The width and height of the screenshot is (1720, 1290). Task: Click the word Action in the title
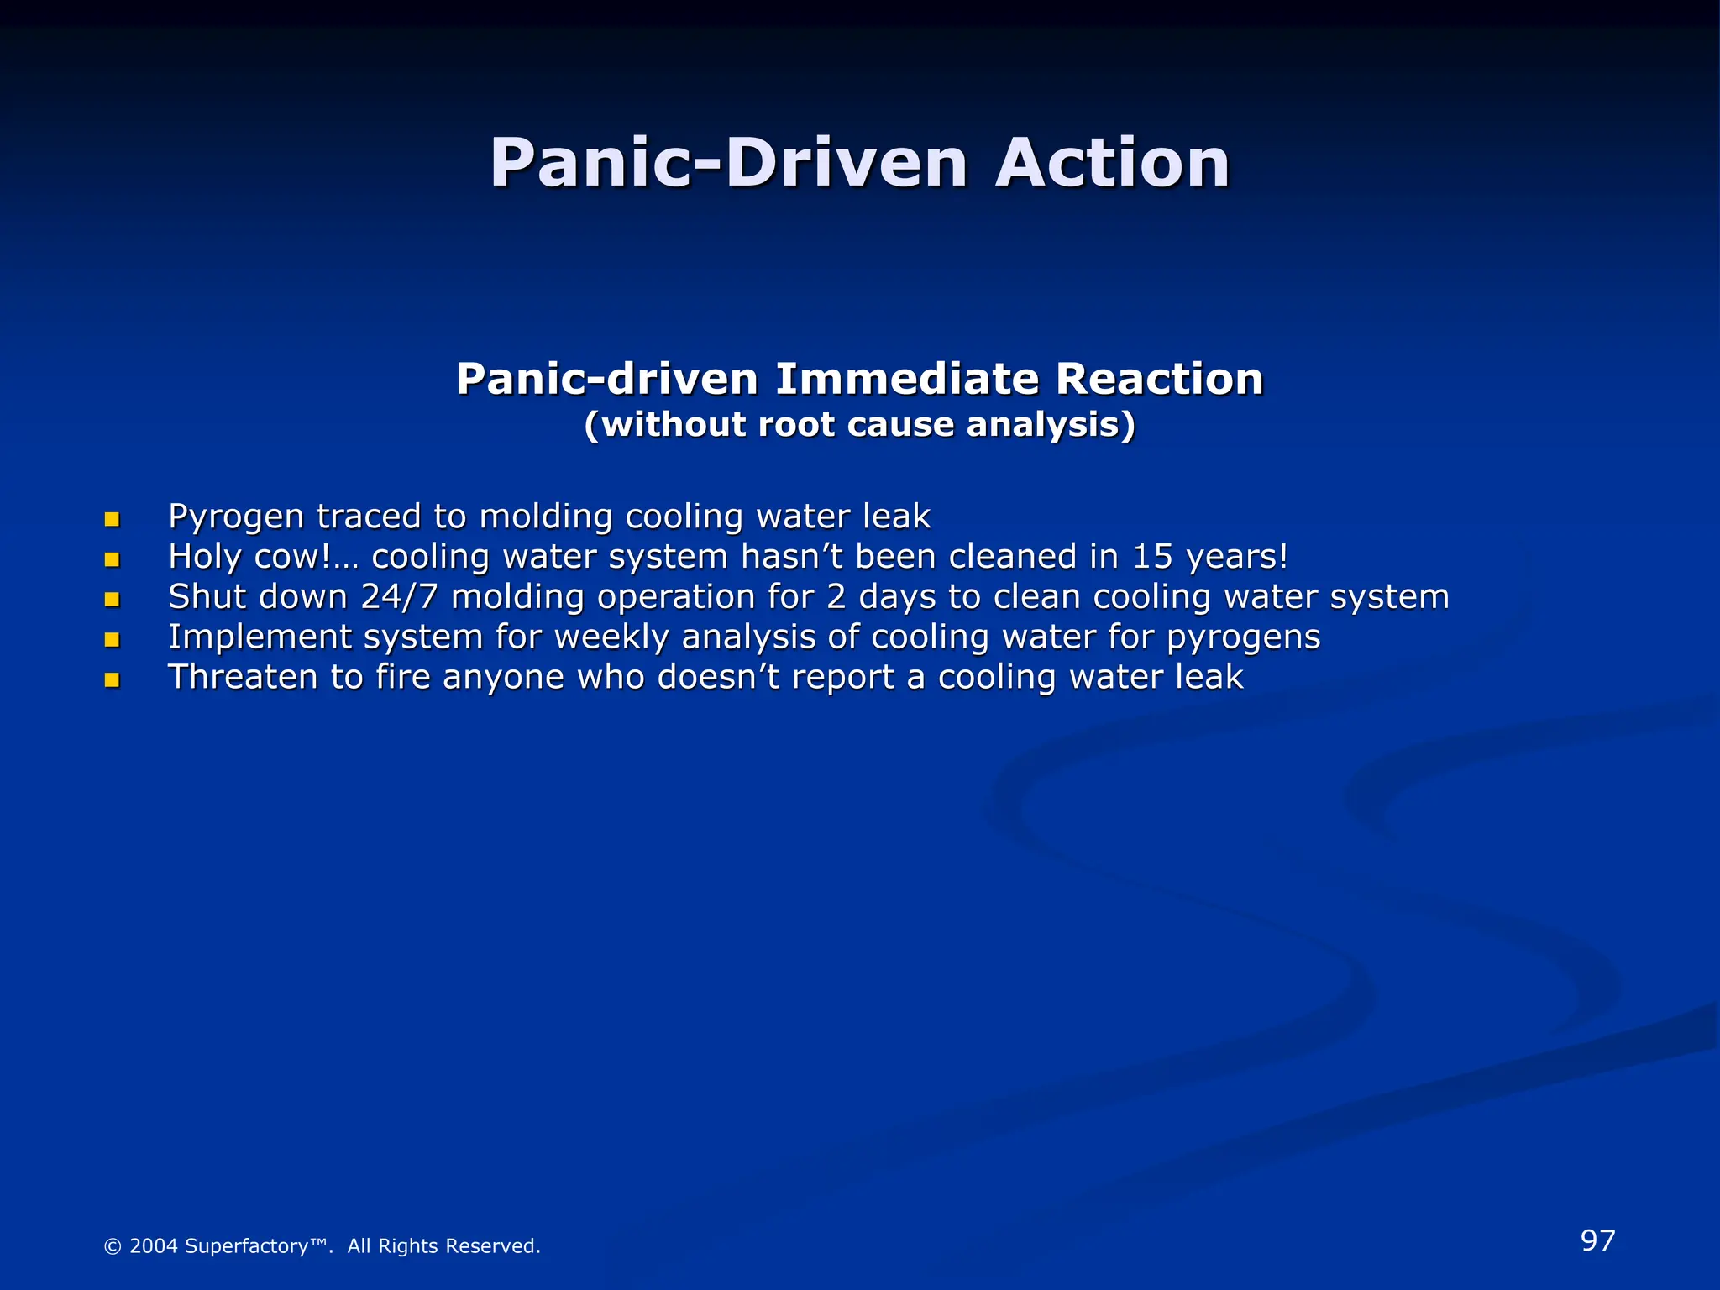click(x=1112, y=163)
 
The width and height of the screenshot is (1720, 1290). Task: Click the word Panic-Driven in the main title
click(x=729, y=163)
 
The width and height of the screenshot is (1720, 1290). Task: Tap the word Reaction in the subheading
click(x=1159, y=379)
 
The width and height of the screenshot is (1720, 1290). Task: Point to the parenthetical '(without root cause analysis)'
click(x=860, y=425)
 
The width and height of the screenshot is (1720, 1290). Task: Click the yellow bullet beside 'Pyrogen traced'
click(x=112, y=520)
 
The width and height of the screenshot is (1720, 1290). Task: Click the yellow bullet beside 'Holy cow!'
click(x=112, y=559)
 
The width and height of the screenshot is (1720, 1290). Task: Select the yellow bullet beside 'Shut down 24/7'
click(x=112, y=600)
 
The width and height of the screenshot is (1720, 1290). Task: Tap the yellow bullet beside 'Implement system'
click(x=112, y=640)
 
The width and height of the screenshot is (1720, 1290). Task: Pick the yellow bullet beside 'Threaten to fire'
click(x=112, y=680)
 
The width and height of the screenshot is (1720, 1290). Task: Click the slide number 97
click(x=1597, y=1240)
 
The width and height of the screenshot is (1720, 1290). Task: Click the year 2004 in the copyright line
click(x=153, y=1246)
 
